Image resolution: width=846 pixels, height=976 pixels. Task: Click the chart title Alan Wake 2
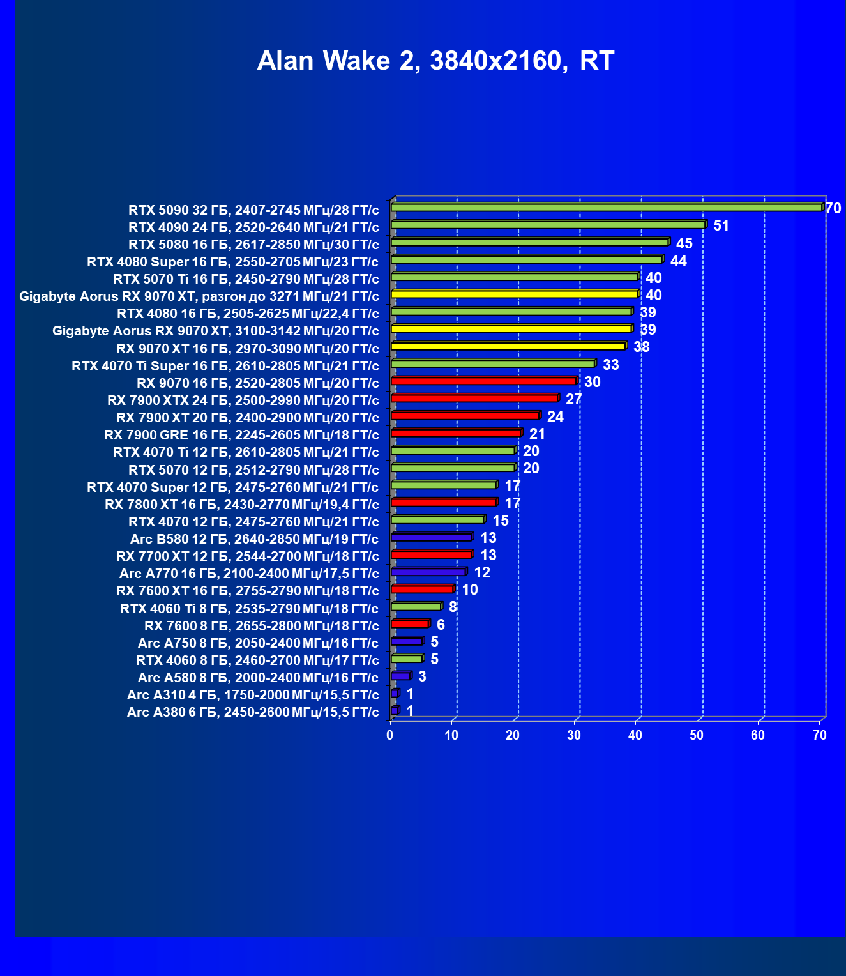tap(435, 61)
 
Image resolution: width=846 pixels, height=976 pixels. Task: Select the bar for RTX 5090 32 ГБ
tap(607, 208)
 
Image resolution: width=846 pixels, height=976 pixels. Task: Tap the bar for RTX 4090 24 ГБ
tap(548, 225)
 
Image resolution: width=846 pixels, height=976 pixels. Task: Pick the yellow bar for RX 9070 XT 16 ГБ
tap(508, 346)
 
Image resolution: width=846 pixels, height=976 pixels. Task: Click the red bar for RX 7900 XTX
tap(474, 399)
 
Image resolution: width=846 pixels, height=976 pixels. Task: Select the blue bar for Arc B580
tap(431, 537)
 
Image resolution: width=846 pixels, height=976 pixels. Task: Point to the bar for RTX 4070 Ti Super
tap(492, 363)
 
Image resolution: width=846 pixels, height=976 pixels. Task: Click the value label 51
tap(721, 225)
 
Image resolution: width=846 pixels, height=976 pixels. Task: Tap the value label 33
tap(610, 365)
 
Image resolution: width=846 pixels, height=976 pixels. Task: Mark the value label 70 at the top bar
tap(833, 208)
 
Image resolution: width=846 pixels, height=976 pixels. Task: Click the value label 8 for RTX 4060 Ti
tap(453, 607)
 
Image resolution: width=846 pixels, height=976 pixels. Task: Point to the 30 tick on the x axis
tap(574, 735)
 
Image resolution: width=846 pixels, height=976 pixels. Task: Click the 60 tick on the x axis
tap(758, 735)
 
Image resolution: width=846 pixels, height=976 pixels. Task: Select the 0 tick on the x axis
tap(390, 735)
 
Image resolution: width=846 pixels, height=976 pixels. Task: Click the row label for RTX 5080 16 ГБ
tap(253, 245)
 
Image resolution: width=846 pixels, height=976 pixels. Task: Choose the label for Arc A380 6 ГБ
tap(253, 712)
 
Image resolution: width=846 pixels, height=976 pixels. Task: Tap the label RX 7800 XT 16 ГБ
tap(242, 505)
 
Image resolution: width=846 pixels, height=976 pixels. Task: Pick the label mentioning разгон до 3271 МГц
tap(199, 296)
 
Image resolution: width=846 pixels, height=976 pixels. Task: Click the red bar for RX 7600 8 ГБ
tap(409, 623)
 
